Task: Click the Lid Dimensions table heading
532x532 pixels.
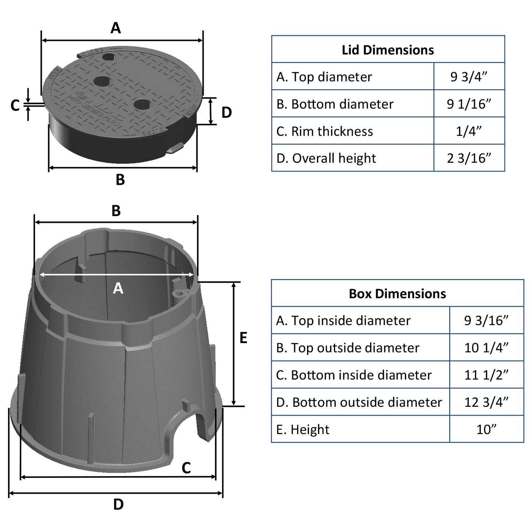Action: tap(388, 50)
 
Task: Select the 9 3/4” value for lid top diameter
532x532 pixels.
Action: tap(469, 77)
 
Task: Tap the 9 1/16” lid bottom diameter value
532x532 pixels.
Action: tap(469, 104)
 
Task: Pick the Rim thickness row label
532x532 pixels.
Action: tap(324, 131)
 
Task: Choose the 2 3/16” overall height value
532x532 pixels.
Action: tap(469, 158)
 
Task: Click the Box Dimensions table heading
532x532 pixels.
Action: tap(397, 293)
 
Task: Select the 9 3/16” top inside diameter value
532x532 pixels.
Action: tap(486, 321)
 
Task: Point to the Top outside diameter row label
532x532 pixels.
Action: tap(348, 348)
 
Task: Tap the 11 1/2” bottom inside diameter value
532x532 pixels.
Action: tap(486, 375)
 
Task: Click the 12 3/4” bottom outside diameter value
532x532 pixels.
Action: tap(486, 402)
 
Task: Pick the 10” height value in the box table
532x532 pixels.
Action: tap(486, 429)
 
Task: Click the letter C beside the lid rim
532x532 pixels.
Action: tap(15, 105)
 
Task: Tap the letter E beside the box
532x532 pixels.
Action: tap(243, 338)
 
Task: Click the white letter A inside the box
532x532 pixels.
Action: tap(118, 288)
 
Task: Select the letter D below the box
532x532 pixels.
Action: tap(118, 504)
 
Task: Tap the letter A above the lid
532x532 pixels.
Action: tap(116, 28)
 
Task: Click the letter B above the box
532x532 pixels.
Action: tap(116, 211)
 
